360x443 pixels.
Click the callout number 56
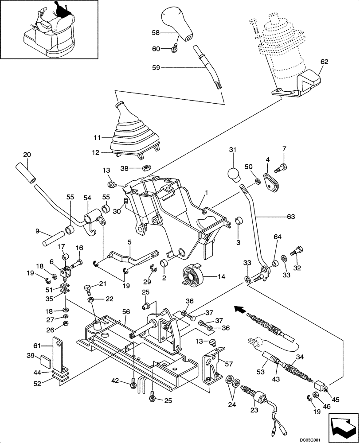[125, 312]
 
